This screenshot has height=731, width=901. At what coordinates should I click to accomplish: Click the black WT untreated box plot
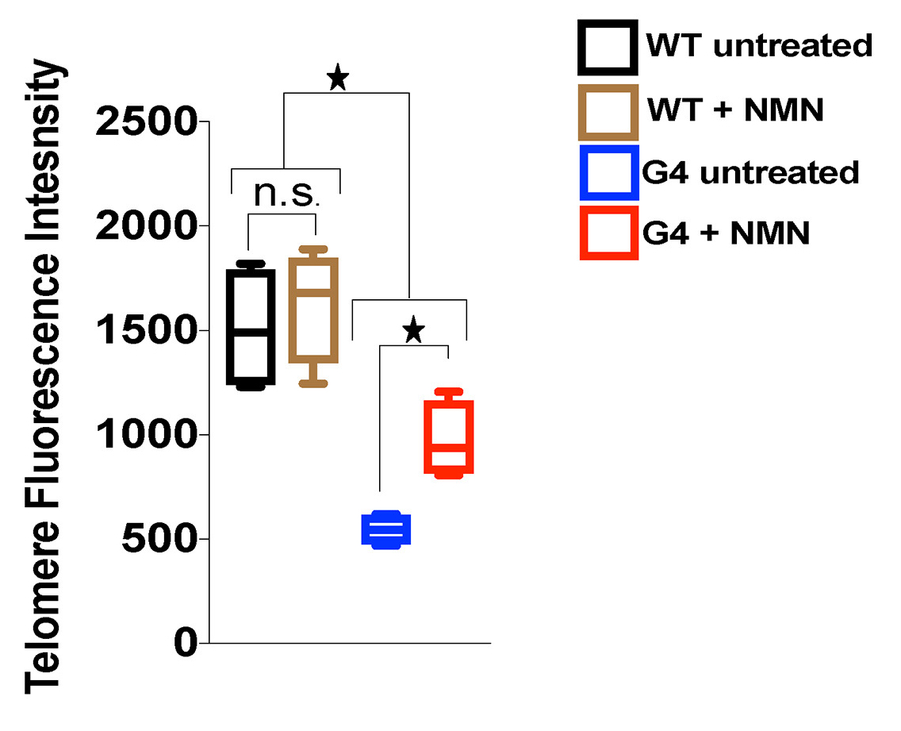pyautogui.click(x=251, y=326)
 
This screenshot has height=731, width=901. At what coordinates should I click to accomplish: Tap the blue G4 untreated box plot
pyautogui.click(x=386, y=529)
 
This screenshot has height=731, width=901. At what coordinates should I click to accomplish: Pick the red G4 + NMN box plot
pyautogui.click(x=449, y=437)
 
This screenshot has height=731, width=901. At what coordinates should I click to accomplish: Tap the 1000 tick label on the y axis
pyautogui.click(x=146, y=435)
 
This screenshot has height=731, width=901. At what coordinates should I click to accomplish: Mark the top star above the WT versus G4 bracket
pyautogui.click(x=338, y=79)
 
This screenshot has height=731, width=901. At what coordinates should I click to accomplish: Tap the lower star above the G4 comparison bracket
pyautogui.click(x=412, y=329)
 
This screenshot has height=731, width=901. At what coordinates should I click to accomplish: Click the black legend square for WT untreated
pyautogui.click(x=607, y=46)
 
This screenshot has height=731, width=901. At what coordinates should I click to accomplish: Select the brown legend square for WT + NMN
pyautogui.click(x=608, y=111)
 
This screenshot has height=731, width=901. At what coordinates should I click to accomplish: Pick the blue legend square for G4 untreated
pyautogui.click(x=608, y=171)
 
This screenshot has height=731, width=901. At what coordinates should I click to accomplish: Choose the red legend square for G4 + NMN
pyautogui.click(x=608, y=233)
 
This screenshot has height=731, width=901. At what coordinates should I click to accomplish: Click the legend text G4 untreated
pyautogui.click(x=750, y=172)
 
